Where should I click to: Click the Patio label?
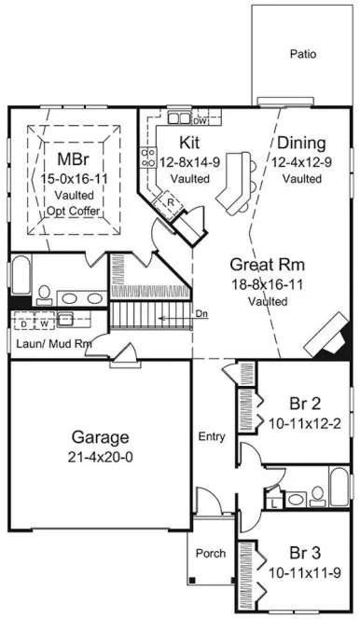302,54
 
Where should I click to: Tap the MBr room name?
72,158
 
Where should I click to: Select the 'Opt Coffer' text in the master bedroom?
72,211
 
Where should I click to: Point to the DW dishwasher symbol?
200,120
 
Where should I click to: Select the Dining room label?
301,144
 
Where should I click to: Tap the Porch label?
210,553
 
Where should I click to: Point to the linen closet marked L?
271,503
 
